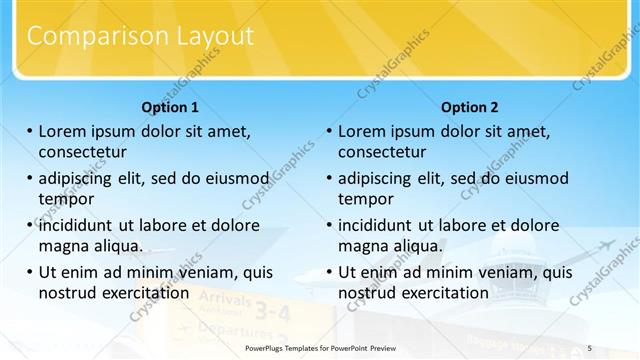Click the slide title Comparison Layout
point(140,37)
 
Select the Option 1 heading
point(170,107)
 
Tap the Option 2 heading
point(469,107)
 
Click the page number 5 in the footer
point(590,348)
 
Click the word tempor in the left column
point(66,199)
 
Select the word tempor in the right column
point(366,199)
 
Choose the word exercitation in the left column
point(139,292)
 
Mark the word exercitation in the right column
point(439,292)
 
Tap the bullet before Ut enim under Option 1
point(29,272)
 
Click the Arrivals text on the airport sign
point(226,298)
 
